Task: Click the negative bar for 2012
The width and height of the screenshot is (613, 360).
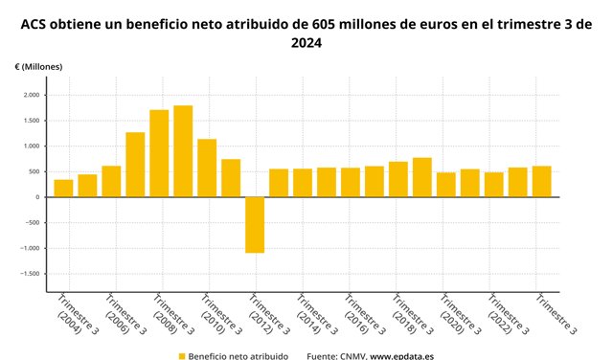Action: tap(255, 225)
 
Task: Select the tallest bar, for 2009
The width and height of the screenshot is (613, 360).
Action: tap(183, 151)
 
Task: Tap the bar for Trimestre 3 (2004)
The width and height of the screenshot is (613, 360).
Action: tap(63, 189)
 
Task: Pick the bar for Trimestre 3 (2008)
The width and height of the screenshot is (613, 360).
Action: tap(159, 153)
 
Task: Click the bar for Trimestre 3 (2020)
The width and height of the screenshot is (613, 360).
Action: tap(446, 185)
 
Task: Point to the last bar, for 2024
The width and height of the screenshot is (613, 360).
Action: tap(542, 182)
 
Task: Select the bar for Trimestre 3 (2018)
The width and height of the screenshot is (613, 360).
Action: tap(398, 179)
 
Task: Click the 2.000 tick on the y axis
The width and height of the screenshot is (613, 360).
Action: tap(31, 95)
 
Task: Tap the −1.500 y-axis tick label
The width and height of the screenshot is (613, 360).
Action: tap(30, 274)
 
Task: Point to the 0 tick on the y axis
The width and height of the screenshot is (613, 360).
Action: tap(37, 197)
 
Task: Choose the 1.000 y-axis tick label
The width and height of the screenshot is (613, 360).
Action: tap(31, 146)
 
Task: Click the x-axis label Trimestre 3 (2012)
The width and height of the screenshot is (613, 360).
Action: tap(269, 315)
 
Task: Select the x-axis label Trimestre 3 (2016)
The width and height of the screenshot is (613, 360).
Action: tap(364, 315)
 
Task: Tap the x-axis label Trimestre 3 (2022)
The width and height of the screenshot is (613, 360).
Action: tap(508, 315)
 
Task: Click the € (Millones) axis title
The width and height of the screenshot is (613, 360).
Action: tap(38, 67)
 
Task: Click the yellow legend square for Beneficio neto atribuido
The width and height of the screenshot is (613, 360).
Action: tap(182, 356)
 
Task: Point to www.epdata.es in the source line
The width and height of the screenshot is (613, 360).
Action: tap(402, 356)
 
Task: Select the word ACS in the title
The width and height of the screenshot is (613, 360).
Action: tap(34, 25)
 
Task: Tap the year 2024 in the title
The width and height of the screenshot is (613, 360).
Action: tap(306, 42)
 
